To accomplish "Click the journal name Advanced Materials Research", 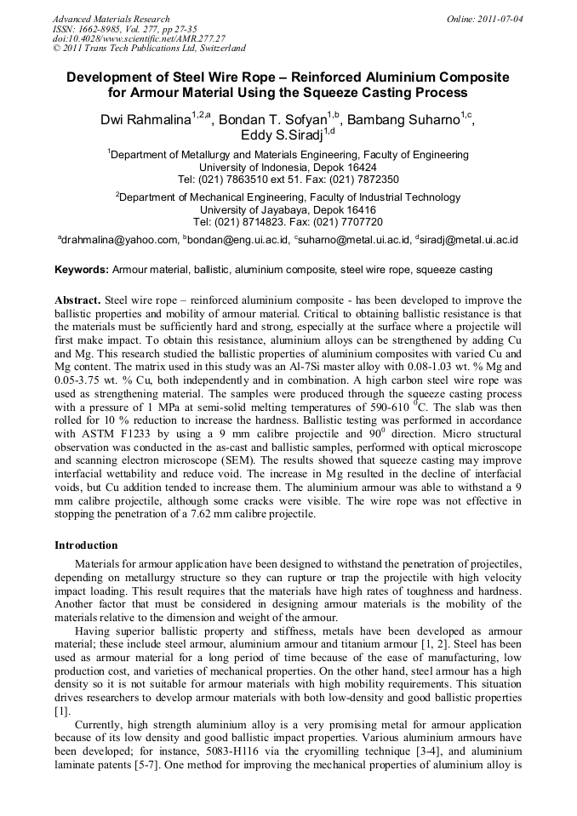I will point(111,19).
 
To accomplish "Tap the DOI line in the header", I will point(139,38).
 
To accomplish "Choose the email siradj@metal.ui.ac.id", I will point(469,241).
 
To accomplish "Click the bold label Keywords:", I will point(82,270).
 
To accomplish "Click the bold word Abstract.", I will point(78,300).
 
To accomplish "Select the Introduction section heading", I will point(86,545).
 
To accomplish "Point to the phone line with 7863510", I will point(288,180).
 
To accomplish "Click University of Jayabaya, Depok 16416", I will point(288,210).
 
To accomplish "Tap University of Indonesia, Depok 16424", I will point(288,168).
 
